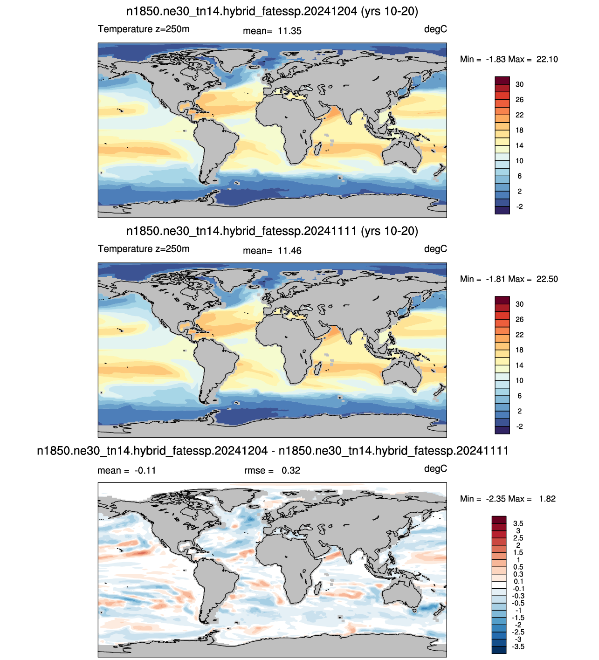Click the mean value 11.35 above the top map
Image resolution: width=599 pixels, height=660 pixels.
[x=289, y=31]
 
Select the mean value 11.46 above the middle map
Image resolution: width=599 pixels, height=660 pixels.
[x=289, y=251]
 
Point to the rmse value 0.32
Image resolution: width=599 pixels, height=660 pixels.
[x=291, y=470]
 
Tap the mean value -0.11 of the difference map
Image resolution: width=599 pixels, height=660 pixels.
[x=145, y=470]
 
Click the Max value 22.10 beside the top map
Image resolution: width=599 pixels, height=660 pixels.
[x=547, y=59]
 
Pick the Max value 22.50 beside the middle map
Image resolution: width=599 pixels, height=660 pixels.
[x=547, y=279]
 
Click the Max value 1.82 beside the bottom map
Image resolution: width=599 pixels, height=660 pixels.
[x=547, y=499]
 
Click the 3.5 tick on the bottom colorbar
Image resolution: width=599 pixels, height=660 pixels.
[x=518, y=523]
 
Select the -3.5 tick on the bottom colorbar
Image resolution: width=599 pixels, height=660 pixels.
[x=518, y=646]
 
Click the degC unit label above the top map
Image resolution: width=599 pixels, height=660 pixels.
[x=435, y=29]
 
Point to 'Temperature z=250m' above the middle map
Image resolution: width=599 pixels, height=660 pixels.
[x=144, y=249]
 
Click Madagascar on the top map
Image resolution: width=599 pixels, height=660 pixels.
[x=317, y=148]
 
